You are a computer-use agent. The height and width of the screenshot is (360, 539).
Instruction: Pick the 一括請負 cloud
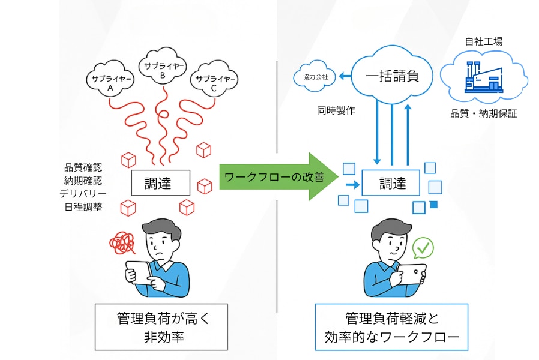pyautogui.click(x=391, y=76)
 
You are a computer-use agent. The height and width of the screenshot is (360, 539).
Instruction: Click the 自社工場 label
pyautogui.click(x=484, y=41)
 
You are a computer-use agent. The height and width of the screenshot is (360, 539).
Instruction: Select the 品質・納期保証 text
pyautogui.click(x=484, y=113)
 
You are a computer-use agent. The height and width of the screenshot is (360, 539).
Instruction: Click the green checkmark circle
pyautogui.click(x=423, y=247)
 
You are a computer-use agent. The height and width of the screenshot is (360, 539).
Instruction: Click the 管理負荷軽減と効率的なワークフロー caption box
pyautogui.click(x=391, y=328)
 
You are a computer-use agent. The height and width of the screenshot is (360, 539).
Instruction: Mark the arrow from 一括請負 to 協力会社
pyautogui.click(x=345, y=76)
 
